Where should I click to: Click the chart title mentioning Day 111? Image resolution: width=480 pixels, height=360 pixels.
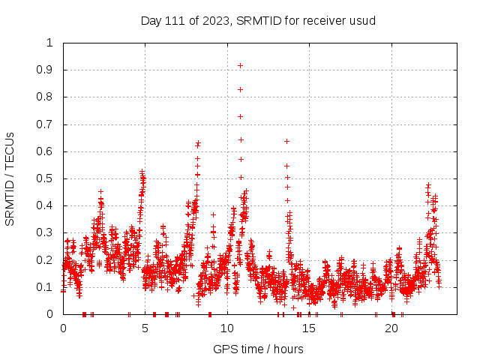pyautogui.click(x=258, y=20)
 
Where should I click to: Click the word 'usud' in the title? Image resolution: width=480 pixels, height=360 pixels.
pyautogui.click(x=361, y=20)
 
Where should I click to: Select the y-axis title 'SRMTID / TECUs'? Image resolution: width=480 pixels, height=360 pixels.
pyautogui.click(x=10, y=178)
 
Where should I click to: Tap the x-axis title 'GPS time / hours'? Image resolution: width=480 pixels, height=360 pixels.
pyautogui.click(x=258, y=349)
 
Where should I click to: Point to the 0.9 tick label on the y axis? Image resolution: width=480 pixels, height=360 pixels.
pyautogui.click(x=46, y=70)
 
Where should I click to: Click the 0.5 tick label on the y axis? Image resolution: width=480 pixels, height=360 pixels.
pyautogui.click(x=46, y=178)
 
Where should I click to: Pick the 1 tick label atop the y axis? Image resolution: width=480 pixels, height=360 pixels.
pyautogui.click(x=50, y=43)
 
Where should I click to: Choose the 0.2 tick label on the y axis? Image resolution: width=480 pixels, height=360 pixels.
pyautogui.click(x=46, y=260)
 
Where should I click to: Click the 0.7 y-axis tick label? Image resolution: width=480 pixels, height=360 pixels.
pyautogui.click(x=46, y=124)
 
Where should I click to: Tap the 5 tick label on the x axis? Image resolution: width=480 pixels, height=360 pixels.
pyautogui.click(x=145, y=328)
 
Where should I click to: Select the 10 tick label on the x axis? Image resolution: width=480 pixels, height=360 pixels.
pyautogui.click(x=227, y=328)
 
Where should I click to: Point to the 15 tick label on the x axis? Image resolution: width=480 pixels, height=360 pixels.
pyautogui.click(x=309, y=328)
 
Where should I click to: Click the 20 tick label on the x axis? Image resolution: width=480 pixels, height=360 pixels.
pyautogui.click(x=391, y=328)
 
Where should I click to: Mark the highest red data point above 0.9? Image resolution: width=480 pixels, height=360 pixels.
pyautogui.click(x=240, y=65)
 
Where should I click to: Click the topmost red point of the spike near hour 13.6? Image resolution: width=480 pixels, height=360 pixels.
pyautogui.click(x=286, y=141)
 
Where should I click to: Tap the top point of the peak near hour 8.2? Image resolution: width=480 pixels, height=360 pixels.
pyautogui.click(x=198, y=142)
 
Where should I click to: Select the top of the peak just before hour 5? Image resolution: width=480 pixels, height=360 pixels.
pyautogui.click(x=142, y=172)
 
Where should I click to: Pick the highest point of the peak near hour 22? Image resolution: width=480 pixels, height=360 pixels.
pyautogui.click(x=428, y=184)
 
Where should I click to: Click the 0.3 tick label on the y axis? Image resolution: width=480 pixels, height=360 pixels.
pyautogui.click(x=46, y=232)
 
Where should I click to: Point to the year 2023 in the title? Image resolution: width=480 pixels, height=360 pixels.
pyautogui.click(x=215, y=20)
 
